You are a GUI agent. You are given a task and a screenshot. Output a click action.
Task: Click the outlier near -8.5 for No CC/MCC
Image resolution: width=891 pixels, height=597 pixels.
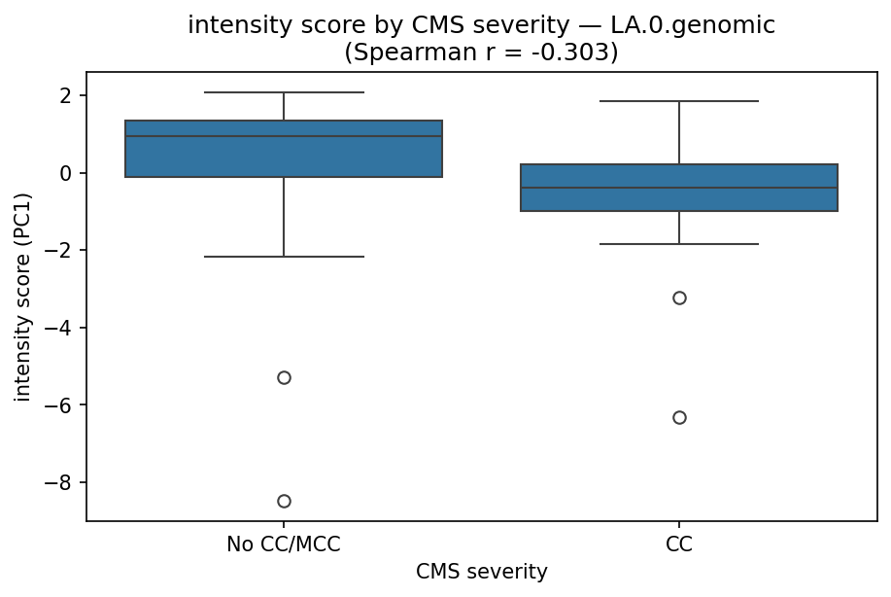284,501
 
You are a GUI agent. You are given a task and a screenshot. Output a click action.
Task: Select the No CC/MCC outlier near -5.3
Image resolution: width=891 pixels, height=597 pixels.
284,377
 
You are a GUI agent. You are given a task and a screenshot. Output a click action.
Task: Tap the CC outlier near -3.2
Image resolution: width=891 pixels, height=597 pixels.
679,298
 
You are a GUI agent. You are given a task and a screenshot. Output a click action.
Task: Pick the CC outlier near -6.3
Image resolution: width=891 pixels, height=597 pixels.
679,417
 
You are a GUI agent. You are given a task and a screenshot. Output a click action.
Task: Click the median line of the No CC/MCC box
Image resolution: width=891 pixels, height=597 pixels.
284,136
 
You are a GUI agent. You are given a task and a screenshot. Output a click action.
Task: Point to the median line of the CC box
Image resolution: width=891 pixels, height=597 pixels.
679,188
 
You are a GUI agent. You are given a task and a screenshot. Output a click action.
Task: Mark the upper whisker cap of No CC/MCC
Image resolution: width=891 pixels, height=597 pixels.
284,92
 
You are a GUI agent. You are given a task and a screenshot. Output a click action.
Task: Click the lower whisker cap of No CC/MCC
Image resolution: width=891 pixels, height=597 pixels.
284,257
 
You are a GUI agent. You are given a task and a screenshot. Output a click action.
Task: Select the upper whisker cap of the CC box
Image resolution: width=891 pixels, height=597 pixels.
679,101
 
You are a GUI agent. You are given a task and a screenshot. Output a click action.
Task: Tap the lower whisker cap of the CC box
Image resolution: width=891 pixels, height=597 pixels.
679,244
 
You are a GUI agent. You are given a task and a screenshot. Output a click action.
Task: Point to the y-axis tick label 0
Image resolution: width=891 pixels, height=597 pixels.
68,173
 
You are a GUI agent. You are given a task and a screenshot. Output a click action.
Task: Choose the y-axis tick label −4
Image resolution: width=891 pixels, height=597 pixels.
62,328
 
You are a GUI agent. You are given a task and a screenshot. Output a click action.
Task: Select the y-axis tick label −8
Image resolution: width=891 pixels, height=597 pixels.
62,482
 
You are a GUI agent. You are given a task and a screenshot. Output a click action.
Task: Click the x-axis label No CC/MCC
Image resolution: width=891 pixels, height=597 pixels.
284,544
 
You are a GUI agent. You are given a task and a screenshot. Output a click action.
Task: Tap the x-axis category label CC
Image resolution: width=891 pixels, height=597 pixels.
679,544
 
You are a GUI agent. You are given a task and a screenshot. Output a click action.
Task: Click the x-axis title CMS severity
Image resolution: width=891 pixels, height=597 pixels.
481,572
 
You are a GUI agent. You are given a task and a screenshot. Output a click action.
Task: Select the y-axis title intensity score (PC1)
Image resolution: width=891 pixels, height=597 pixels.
22,297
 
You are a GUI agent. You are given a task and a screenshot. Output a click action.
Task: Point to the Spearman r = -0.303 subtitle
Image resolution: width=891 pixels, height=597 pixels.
481,52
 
